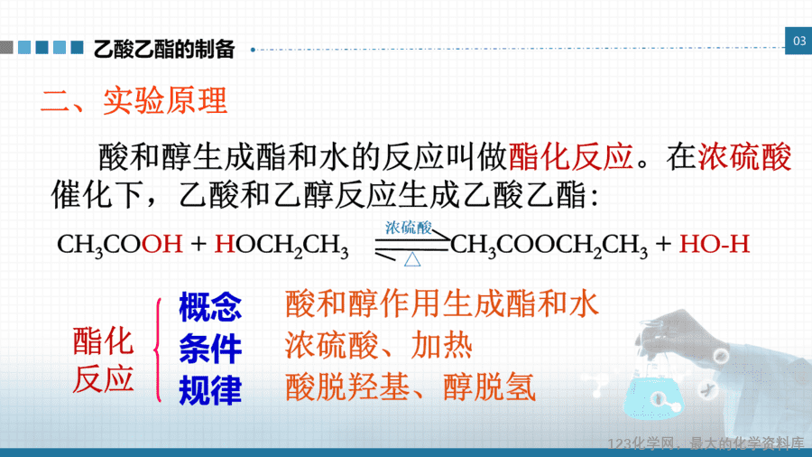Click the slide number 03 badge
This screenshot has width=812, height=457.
point(799,41)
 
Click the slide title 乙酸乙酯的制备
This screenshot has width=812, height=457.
point(164,50)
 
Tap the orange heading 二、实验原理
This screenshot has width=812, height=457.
point(134,100)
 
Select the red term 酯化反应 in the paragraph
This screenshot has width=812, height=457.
point(571,156)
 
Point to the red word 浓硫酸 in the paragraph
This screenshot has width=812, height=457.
point(744,156)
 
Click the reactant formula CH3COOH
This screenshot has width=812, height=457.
point(120,245)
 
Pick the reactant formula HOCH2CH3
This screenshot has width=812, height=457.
point(281,245)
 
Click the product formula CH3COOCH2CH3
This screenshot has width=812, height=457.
point(549,245)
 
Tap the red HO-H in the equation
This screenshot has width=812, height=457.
point(715,244)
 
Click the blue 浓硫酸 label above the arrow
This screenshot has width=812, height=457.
point(409,228)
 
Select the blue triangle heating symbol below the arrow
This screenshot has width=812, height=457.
point(412,259)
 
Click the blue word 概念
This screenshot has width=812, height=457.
point(210,307)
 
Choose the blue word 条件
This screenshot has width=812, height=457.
point(210,349)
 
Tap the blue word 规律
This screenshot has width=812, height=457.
point(210,390)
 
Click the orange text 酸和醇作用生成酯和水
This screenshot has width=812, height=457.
point(442,303)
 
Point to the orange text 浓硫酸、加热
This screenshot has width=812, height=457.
point(379,346)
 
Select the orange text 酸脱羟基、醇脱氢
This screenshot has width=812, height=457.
point(411,387)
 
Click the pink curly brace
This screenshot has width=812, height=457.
point(157,350)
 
